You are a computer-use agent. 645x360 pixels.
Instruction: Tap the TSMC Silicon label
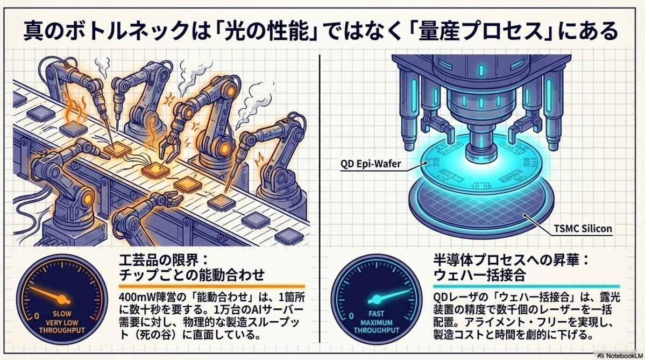[x=582, y=229]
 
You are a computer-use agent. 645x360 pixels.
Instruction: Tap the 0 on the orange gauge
[x=36, y=313]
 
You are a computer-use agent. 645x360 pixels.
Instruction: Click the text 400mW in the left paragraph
[x=134, y=297]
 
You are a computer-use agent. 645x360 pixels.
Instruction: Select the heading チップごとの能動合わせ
[x=192, y=275]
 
